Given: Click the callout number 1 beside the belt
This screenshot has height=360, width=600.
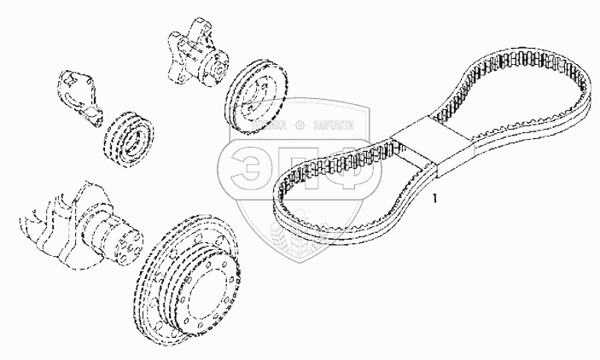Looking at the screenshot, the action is click(x=435, y=200).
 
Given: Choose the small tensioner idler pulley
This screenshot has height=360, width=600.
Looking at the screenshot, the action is click(x=127, y=136).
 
